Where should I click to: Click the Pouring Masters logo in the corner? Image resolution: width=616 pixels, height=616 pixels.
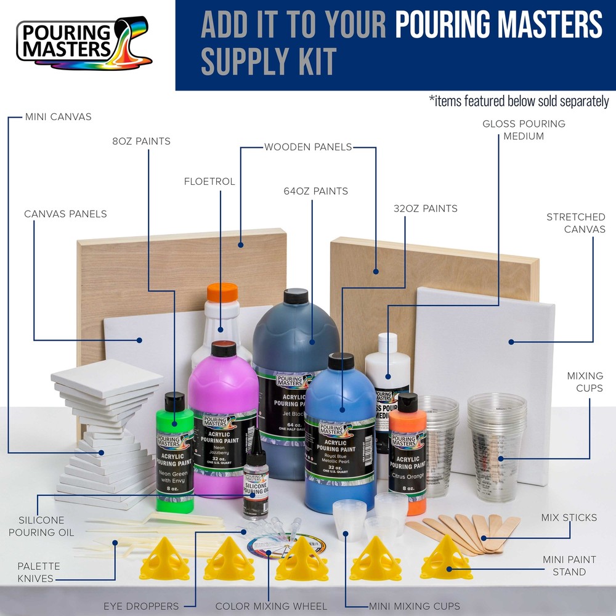tap(83, 44)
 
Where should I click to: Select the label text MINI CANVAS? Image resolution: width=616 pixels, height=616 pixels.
tap(58, 116)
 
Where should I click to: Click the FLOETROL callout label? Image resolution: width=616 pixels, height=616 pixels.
tap(209, 182)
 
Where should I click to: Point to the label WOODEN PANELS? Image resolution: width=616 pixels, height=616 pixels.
tap(308, 147)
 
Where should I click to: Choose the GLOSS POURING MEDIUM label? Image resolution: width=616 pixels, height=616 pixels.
tap(524, 130)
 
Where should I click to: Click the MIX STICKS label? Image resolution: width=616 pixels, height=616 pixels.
tap(569, 517)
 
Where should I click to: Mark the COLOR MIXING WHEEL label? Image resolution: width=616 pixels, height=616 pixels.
tap(271, 606)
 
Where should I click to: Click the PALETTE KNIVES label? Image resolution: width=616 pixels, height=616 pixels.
tap(38, 572)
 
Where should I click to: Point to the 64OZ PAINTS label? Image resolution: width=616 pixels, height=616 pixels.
tap(313, 192)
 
